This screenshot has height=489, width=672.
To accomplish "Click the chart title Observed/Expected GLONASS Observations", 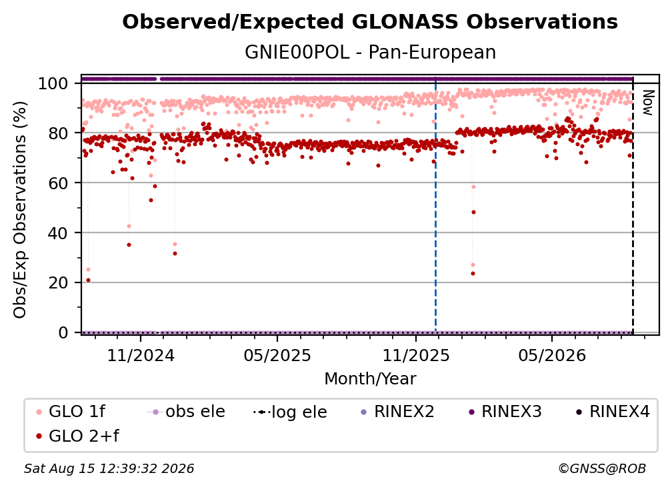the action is coord(370,22).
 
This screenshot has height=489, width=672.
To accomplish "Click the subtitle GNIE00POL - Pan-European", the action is coord(370,53).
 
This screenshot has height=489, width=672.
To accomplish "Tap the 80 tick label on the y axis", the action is coord(58,133).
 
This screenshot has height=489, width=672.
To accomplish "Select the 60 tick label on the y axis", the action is coord(58,183).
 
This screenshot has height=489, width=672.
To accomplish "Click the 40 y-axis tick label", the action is coord(58,233).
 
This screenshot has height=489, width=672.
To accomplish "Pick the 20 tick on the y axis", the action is coord(58,282).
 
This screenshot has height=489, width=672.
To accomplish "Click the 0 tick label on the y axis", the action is coord(63,332).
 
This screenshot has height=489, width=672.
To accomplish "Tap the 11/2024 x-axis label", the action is coord(141,355).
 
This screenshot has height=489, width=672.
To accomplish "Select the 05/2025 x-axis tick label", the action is coord(277,355).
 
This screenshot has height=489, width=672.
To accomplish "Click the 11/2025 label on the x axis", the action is coord(416,355).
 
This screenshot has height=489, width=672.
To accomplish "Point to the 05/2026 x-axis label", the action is coord(552,355).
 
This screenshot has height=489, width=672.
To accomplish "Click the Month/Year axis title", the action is coord(370,379).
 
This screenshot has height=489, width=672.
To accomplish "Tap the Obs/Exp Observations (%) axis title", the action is coord(20,210).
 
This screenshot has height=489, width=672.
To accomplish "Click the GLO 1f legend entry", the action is coord(71,412).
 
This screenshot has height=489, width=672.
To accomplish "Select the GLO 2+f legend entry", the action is coord(77,436).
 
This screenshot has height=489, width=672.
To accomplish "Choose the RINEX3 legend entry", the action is coord(505,412).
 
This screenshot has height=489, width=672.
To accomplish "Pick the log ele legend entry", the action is coord(290,412).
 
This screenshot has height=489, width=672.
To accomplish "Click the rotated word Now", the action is coord(647,103).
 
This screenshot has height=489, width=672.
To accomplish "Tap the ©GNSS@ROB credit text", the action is coord(602,469).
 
